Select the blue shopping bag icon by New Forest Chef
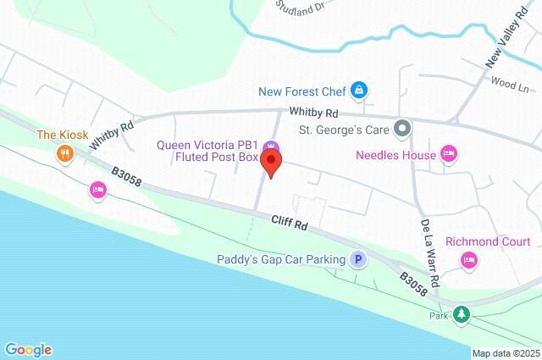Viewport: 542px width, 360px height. (x=360, y=89)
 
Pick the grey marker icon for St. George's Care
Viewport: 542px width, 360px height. (x=403, y=130)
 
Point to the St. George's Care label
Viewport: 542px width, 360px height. (x=344, y=130)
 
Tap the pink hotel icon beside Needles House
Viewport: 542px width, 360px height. (x=450, y=154)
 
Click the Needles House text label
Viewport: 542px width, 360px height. (x=395, y=155)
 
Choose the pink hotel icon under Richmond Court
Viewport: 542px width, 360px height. (x=468, y=261)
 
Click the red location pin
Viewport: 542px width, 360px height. (x=271, y=161)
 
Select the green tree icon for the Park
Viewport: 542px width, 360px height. (x=461, y=315)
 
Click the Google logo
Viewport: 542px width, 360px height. (x=28, y=349)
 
